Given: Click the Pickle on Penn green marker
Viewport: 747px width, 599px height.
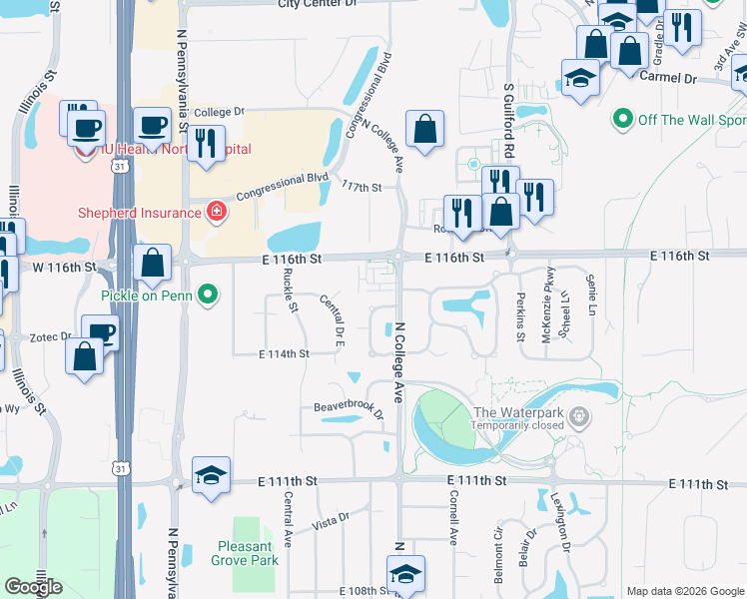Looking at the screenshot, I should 208,295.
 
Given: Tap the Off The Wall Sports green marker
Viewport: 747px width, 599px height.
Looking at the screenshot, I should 623,120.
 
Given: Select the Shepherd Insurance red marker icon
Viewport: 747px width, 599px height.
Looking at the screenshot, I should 215,211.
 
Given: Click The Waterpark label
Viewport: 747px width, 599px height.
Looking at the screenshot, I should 519,413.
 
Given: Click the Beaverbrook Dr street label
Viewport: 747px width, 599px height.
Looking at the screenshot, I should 349,409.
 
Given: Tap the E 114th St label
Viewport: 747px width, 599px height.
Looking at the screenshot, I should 284,354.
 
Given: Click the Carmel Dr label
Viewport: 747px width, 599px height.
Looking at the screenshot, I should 667,77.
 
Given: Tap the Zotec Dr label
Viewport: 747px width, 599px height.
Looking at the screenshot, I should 50,337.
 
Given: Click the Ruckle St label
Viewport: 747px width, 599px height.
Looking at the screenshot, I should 291,291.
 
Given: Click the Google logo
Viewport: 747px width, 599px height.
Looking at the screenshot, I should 34,587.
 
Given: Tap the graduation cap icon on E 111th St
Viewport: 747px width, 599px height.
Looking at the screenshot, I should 211,475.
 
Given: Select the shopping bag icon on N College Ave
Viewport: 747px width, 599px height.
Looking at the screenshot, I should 424,128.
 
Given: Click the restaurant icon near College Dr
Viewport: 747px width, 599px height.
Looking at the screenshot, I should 206,143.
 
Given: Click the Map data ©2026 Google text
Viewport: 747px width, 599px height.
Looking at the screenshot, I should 684,591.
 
